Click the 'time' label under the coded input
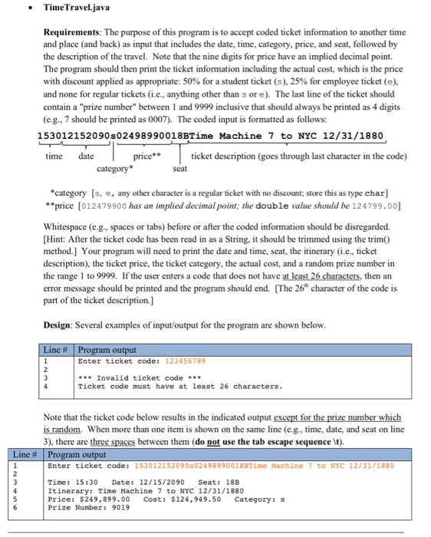point(54,156)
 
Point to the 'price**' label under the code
point(146,156)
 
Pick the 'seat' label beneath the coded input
point(180,168)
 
